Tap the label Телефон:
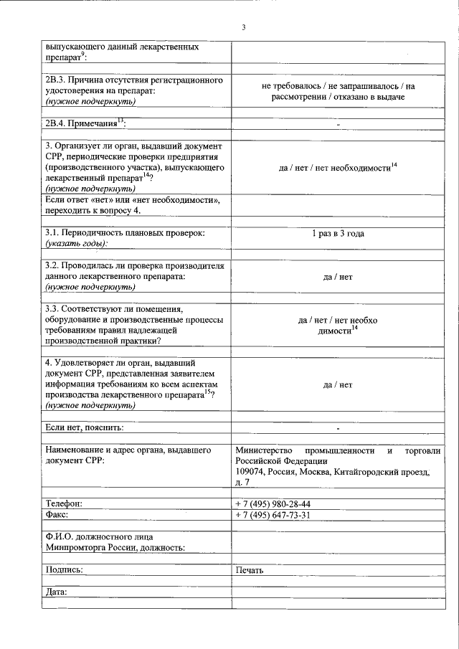pyautogui.click(x=64, y=504)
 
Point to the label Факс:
pyautogui.click(x=58, y=516)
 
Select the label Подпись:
pyautogui.click(x=64, y=570)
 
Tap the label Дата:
pyautogui.click(x=56, y=592)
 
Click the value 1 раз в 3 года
pyautogui.click(x=338, y=234)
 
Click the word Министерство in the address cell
pyautogui.click(x=265, y=450)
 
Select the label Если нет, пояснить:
pyautogui.click(x=84, y=428)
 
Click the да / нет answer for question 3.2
pyautogui.click(x=338, y=277)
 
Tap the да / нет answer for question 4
pyautogui.click(x=338, y=385)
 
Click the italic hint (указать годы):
pyautogui.click(x=81, y=245)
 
